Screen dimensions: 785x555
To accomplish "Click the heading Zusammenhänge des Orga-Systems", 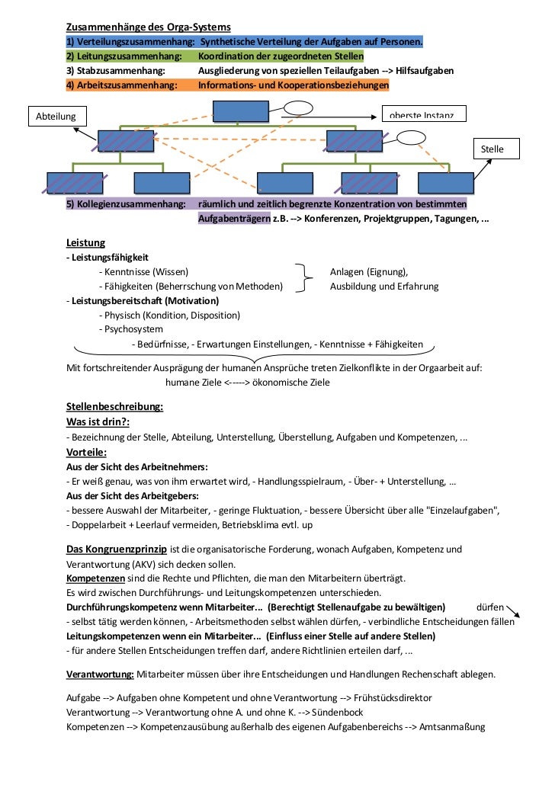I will (148, 27).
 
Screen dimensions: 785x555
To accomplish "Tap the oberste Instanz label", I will (422, 115).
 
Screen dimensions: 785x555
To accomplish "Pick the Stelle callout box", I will (492, 149).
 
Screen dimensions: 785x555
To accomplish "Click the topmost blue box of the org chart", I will (240, 111).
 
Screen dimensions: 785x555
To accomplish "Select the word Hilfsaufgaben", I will (425, 70).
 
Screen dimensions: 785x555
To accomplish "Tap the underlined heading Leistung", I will (85, 243).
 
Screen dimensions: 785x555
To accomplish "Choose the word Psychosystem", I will (130, 329).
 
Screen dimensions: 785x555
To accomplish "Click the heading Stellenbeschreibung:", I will (114, 407).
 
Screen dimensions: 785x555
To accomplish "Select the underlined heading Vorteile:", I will (87, 452).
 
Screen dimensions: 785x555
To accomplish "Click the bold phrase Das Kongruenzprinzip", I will (116, 549).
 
